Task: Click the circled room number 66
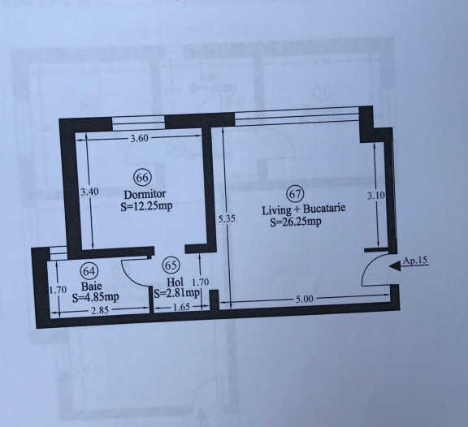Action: click(143, 178)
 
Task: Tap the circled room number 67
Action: click(295, 194)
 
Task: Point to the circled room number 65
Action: click(171, 265)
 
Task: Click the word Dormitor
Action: click(145, 195)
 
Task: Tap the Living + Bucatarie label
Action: click(304, 209)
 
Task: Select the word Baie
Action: click(90, 286)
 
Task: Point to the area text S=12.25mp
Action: click(147, 206)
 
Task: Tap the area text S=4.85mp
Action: click(95, 297)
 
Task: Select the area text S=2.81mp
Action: click(177, 293)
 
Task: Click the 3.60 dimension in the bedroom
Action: click(140, 139)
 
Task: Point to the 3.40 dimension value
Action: click(90, 192)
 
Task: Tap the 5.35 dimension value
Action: click(227, 218)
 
